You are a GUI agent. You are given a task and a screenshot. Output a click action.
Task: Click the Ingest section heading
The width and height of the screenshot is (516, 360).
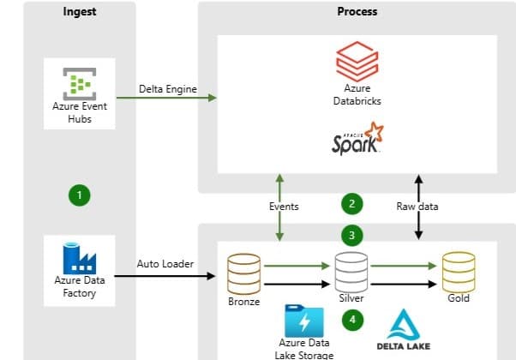[x=80, y=12]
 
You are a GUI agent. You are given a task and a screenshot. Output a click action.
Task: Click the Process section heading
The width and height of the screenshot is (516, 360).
[x=357, y=12]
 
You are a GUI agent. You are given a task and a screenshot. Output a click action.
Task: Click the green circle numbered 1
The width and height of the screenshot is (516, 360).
[x=79, y=195]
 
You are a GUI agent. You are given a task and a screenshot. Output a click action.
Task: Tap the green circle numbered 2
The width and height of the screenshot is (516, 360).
[x=351, y=204]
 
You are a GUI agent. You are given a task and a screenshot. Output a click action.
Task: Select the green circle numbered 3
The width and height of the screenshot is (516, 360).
[x=351, y=234]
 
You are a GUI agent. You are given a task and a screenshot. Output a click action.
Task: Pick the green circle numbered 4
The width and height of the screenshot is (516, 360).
[x=351, y=319]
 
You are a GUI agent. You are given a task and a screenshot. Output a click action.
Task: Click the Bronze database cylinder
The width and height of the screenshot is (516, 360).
[x=243, y=273]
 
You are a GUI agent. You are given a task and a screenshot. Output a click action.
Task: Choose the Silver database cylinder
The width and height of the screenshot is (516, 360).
[x=351, y=273]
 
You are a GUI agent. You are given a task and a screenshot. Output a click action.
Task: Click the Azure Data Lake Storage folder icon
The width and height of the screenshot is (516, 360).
[x=303, y=319]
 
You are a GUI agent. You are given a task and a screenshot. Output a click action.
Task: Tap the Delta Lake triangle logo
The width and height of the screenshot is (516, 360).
[x=402, y=325]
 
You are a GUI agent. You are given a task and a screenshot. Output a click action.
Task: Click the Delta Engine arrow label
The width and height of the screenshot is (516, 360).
[x=168, y=89]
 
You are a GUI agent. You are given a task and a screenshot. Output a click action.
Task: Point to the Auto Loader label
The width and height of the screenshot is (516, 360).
[x=165, y=263]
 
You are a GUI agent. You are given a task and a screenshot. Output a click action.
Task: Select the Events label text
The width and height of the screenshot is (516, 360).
[x=283, y=207]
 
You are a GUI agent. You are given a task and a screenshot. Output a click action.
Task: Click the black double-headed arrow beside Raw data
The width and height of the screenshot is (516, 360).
[x=418, y=206]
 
